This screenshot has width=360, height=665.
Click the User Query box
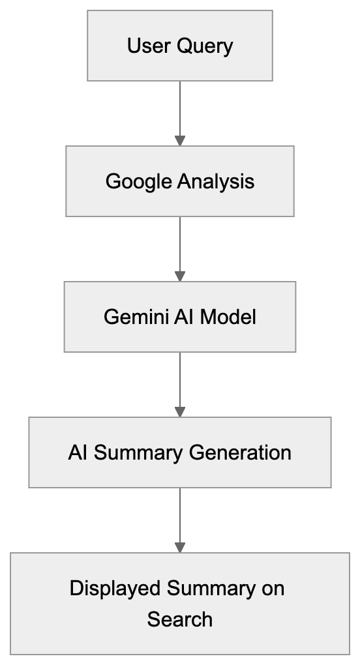(x=180, y=46)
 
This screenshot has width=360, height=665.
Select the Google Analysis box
(x=180, y=181)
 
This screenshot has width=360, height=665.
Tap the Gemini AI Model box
(x=180, y=317)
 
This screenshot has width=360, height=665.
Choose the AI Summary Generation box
(x=180, y=452)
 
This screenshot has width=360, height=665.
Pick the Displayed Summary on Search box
(x=180, y=603)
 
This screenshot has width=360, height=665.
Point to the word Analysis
(x=217, y=181)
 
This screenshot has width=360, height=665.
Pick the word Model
(x=228, y=317)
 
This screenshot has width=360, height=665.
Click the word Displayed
(x=115, y=588)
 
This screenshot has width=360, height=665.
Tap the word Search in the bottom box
(x=180, y=619)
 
